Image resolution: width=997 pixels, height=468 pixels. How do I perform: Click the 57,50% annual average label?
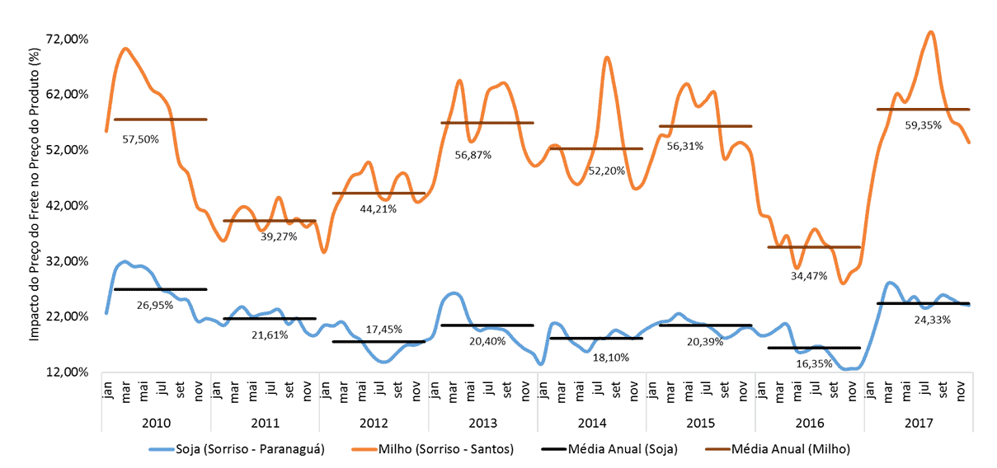140,139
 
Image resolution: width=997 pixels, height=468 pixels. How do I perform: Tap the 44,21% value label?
379,208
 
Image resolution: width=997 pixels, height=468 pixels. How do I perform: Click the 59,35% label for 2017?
924,125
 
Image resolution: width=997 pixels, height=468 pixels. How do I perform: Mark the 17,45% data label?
384,329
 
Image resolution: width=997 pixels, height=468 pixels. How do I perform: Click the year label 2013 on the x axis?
482,423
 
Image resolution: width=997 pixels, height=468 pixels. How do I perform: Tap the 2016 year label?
809,423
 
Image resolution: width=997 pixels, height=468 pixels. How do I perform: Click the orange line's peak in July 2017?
931,32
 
